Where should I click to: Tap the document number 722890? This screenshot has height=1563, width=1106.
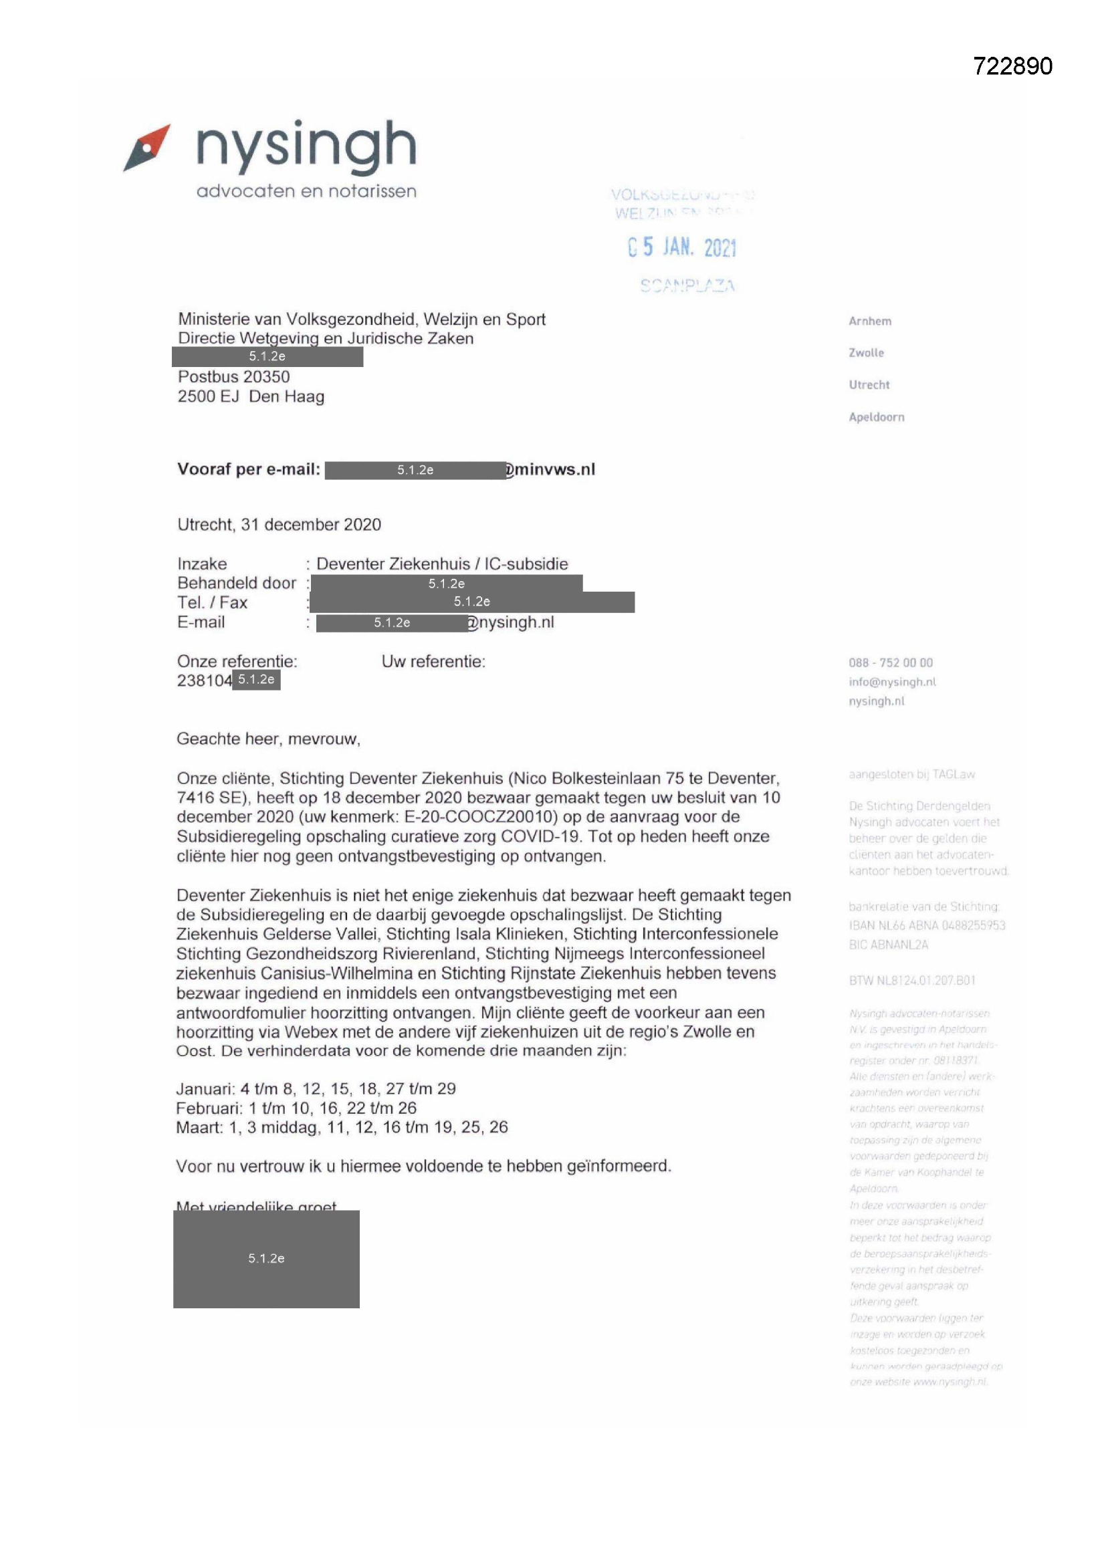(1012, 66)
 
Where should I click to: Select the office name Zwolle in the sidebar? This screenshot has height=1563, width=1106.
(865, 352)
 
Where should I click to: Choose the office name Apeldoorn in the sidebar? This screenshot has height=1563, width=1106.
(876, 416)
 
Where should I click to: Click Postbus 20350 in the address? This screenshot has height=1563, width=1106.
(233, 376)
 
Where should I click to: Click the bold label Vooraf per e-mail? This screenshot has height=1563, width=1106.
(249, 469)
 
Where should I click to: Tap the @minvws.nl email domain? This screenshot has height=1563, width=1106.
(551, 469)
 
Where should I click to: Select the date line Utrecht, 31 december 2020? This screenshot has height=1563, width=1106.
(279, 524)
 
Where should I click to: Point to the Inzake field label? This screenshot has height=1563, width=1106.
(201, 564)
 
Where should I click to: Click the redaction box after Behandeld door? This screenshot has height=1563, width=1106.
(446, 584)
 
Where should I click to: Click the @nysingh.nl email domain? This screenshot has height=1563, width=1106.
(512, 622)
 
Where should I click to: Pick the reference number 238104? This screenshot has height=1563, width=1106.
(205, 680)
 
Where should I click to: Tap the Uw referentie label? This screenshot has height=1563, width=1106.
(433, 661)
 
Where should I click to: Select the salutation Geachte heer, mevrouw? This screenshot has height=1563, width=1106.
(268, 739)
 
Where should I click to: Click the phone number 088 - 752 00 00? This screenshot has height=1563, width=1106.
(890, 663)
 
